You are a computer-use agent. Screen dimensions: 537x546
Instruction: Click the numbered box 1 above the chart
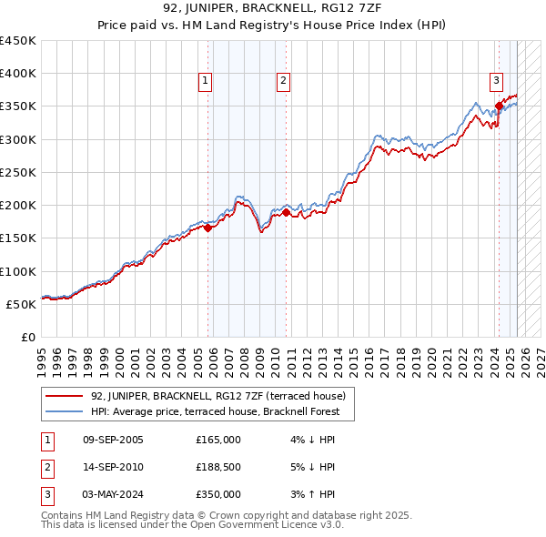(x=205, y=81)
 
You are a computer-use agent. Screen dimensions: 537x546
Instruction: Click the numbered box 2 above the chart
(x=284, y=81)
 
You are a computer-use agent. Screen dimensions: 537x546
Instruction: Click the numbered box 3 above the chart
(x=497, y=81)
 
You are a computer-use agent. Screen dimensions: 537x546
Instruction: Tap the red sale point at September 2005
(x=207, y=228)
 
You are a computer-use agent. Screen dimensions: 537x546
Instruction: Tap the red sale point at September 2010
(x=286, y=213)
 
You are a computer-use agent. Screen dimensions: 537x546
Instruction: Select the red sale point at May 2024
(x=499, y=106)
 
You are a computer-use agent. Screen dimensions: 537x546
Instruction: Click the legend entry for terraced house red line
(x=217, y=396)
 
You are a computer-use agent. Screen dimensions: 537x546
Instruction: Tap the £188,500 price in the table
(x=218, y=468)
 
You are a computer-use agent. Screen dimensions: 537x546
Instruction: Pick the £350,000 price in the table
(x=218, y=494)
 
